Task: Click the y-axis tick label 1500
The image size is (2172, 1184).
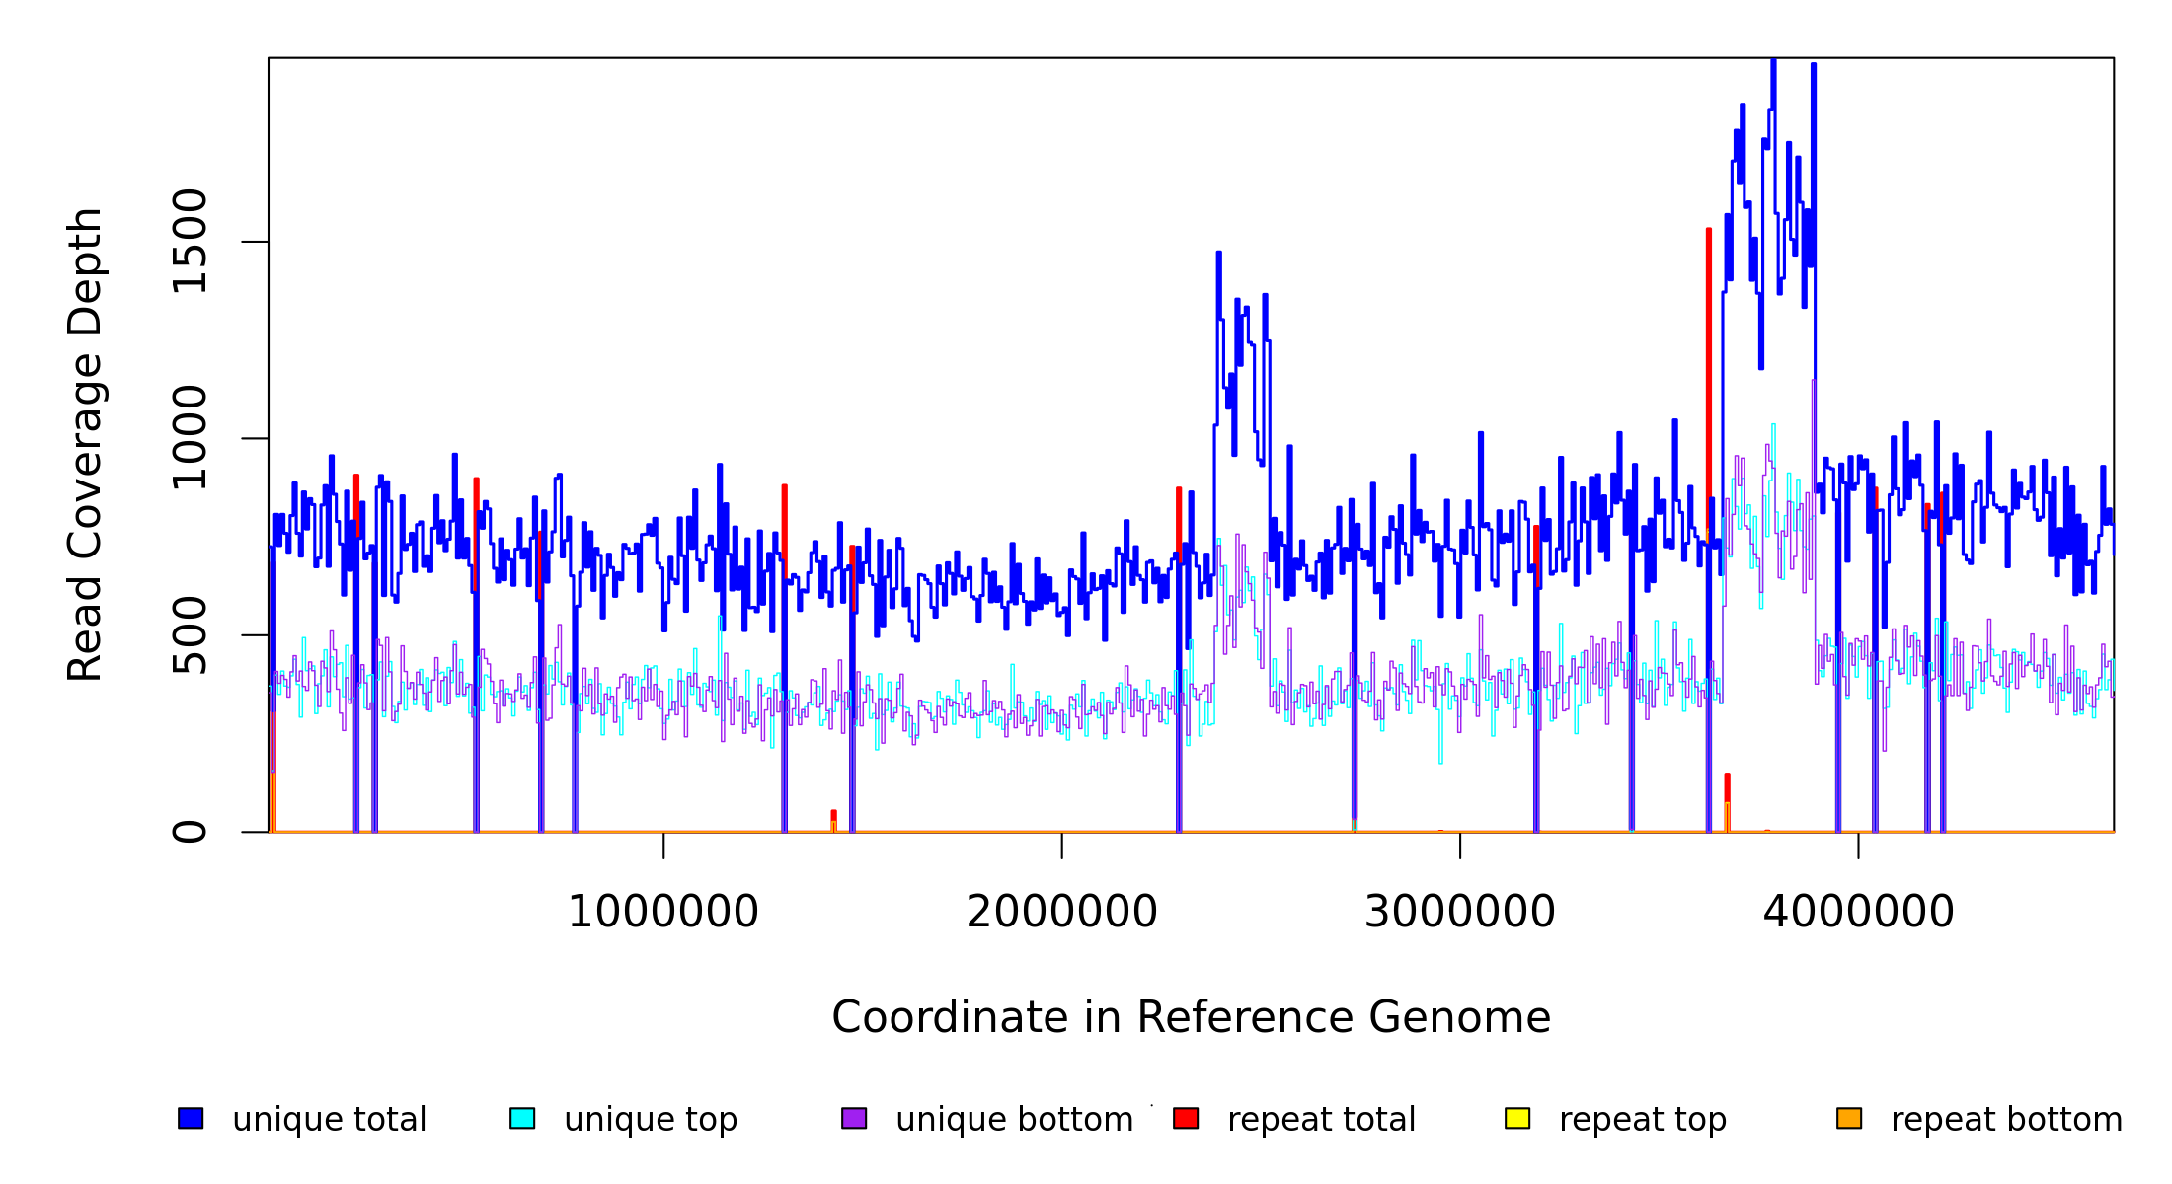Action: (x=190, y=242)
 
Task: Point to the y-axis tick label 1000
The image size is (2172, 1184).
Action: (x=190, y=438)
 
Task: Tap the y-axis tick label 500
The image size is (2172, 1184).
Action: (x=190, y=635)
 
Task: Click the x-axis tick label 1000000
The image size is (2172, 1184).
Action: (x=663, y=913)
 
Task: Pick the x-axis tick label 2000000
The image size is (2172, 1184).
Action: (x=1061, y=913)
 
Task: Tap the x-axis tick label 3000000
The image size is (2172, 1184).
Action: (x=1459, y=913)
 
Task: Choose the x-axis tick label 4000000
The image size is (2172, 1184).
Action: (x=1858, y=913)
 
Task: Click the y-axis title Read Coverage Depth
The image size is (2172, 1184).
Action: (x=85, y=444)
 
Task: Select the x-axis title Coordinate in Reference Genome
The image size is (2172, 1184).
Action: (x=1191, y=1018)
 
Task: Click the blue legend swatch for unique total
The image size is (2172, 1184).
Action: (x=191, y=1118)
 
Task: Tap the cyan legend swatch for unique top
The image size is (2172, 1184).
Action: (x=522, y=1118)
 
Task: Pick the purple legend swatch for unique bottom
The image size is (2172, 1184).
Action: (x=854, y=1118)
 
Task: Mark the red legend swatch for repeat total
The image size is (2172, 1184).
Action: (x=1186, y=1118)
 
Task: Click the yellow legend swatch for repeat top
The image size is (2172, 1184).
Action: (x=1517, y=1118)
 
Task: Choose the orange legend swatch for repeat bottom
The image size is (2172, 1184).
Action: (x=1849, y=1118)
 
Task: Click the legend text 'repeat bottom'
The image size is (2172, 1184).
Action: (x=2006, y=1120)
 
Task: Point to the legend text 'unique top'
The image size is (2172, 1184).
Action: (x=651, y=1120)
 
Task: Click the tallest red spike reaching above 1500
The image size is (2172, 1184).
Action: (x=1709, y=296)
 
